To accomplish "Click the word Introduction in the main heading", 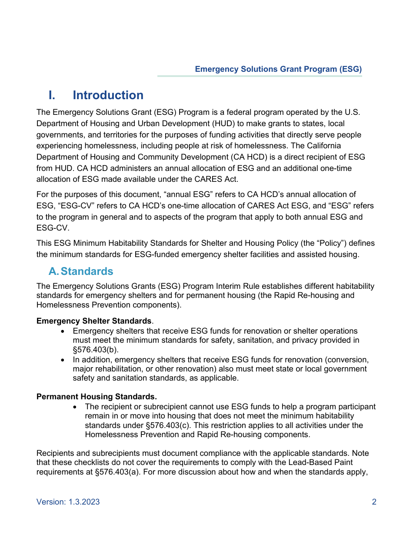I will (108, 95).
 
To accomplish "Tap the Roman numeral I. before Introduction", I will (52, 95).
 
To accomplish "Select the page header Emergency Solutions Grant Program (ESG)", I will (278, 69).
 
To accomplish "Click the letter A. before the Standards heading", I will (53, 271).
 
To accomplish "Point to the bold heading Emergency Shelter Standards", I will (94, 321).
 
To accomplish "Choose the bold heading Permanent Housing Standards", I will (97, 397).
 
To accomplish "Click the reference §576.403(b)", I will (95, 349).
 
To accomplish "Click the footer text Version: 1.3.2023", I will (68, 502).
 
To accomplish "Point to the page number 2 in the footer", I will (374, 502).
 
